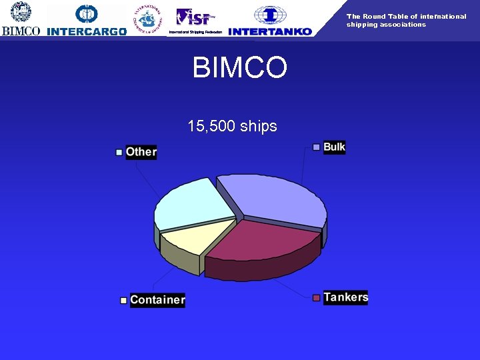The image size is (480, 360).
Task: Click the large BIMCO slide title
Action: coord(239,68)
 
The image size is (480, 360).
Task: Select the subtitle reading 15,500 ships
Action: coord(232,126)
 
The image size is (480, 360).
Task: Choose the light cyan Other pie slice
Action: coord(190,203)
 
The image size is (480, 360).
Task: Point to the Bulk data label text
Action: coord(334,147)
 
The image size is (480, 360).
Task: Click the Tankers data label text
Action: coord(345,297)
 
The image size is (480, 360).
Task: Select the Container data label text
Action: coord(157,300)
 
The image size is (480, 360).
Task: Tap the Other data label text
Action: coord(141,152)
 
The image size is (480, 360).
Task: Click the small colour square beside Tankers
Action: coord(317,297)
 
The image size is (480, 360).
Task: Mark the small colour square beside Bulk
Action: coord(317,147)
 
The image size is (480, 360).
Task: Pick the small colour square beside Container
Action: coord(123,301)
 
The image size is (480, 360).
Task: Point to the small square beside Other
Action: coord(119,152)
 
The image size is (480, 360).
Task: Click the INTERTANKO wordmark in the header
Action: coord(269,31)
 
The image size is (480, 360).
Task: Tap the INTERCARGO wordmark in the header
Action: coord(87,31)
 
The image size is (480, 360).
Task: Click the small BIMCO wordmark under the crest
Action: coord(21,31)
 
